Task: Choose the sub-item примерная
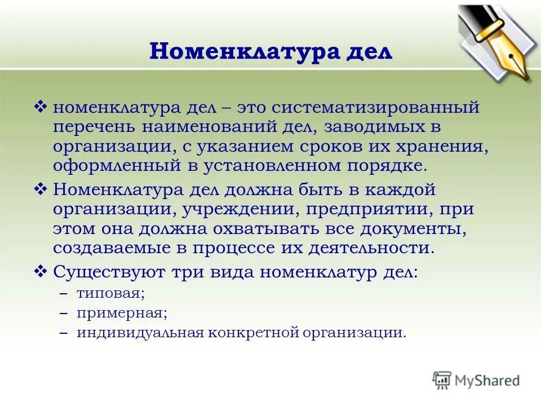[x=122, y=313]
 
